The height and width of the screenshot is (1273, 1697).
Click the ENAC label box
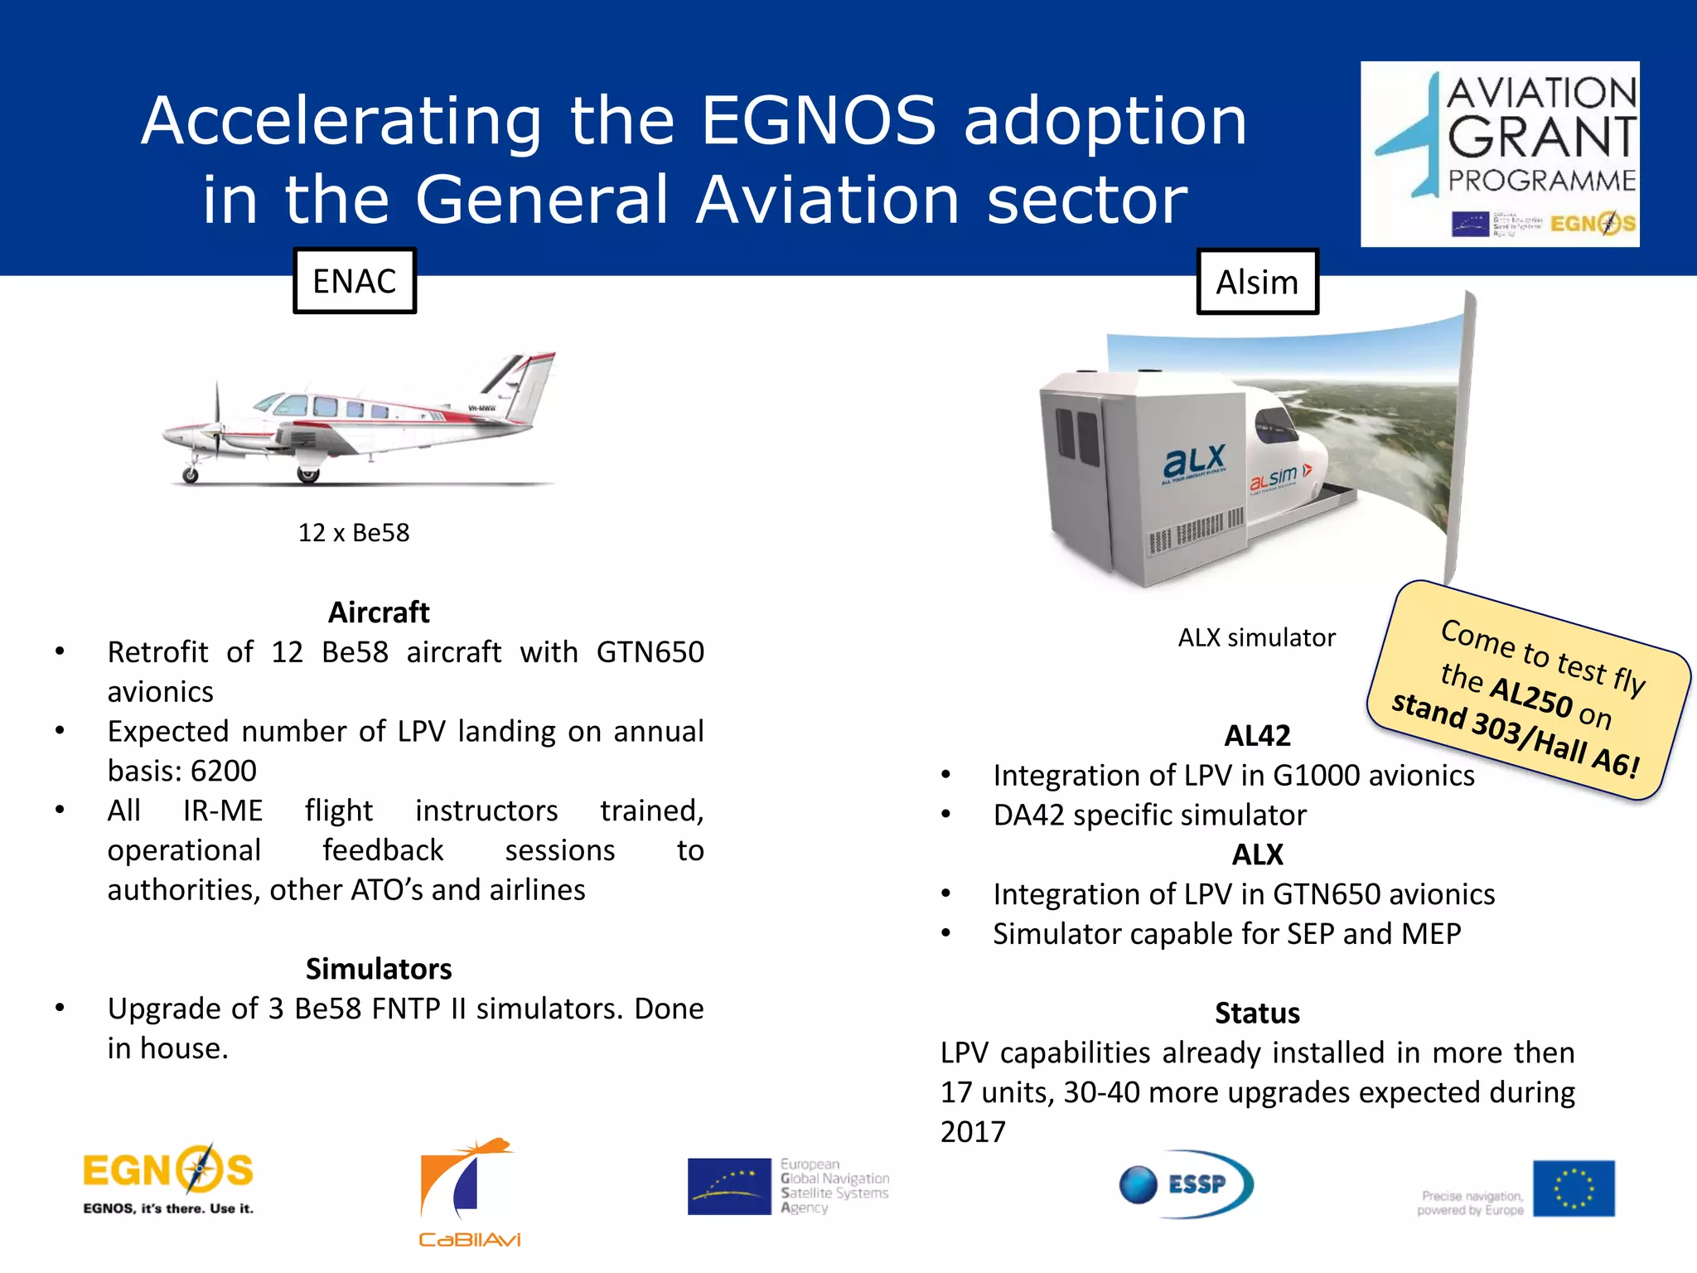click(x=355, y=281)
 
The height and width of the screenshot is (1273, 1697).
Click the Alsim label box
click(x=1257, y=282)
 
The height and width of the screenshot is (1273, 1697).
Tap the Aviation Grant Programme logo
click(x=1500, y=154)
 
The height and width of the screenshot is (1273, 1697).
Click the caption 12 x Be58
click(x=354, y=533)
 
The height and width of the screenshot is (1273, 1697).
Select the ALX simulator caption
click(x=1256, y=637)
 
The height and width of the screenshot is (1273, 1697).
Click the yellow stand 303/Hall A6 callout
click(x=1529, y=690)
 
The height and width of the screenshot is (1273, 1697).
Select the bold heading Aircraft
click(x=379, y=612)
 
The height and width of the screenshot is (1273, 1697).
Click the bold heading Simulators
click(x=379, y=969)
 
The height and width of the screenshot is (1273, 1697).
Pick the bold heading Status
click(x=1257, y=1013)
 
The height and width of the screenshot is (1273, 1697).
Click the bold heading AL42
click(x=1257, y=735)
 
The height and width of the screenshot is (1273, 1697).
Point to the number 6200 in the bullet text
click(x=223, y=771)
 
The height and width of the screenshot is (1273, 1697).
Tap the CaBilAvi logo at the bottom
click(x=468, y=1192)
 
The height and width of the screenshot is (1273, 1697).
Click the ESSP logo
click(x=1186, y=1183)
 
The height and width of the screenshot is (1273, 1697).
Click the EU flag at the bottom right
click(x=1573, y=1188)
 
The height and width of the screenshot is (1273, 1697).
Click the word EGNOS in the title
click(x=819, y=121)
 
